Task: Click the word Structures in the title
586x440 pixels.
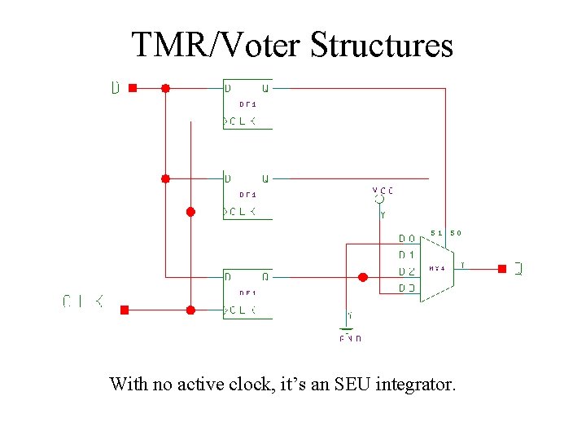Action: tap(381, 45)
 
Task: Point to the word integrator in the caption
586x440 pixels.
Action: tap(414, 383)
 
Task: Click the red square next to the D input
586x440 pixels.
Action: tap(133, 87)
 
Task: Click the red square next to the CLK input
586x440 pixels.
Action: tap(125, 310)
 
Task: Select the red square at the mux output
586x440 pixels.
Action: tap(502, 268)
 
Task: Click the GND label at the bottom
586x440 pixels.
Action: tap(350, 337)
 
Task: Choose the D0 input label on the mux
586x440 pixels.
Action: tap(407, 239)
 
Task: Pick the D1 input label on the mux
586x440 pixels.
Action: tap(407, 255)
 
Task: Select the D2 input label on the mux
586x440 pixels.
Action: tap(407, 271)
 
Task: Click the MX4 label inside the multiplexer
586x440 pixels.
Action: tap(437, 267)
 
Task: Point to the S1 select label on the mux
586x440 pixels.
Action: tap(436, 233)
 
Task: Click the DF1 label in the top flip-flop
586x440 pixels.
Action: tap(247, 104)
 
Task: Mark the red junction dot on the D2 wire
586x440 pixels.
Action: tap(363, 277)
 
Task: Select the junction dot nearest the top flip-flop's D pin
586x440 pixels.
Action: tap(165, 87)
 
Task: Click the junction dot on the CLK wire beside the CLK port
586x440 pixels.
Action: tap(190, 310)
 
